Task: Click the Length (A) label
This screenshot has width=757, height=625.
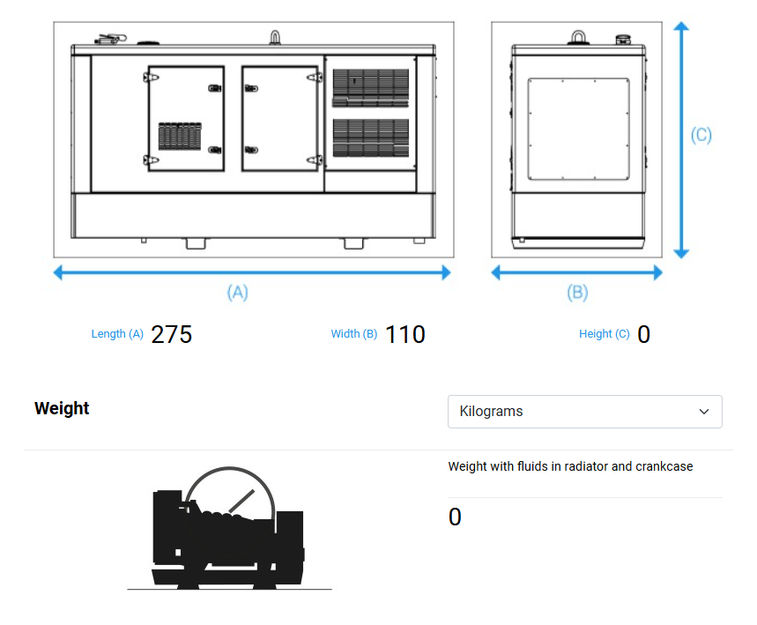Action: click(x=117, y=334)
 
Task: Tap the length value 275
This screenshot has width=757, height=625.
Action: click(x=171, y=334)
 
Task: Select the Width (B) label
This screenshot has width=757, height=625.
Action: click(x=354, y=334)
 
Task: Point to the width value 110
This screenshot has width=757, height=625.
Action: click(x=405, y=334)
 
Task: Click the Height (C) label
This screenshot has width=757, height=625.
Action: click(x=605, y=334)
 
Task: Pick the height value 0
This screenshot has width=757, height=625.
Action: click(x=643, y=334)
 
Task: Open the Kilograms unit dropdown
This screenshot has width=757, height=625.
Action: click(x=584, y=412)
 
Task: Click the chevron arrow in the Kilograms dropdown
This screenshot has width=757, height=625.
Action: click(x=704, y=412)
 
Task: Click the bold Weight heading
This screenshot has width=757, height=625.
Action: click(x=62, y=409)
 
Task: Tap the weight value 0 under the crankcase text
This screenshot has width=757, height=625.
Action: click(x=455, y=517)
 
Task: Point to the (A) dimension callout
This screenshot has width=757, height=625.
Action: click(x=238, y=292)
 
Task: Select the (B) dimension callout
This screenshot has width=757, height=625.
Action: click(x=577, y=292)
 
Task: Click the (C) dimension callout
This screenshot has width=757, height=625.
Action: click(x=701, y=135)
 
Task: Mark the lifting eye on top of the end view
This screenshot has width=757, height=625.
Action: click(x=578, y=38)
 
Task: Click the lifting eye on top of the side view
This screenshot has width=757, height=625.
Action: click(x=275, y=38)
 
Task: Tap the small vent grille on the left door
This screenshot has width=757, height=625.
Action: click(x=180, y=136)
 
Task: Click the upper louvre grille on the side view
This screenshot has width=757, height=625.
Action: click(x=371, y=88)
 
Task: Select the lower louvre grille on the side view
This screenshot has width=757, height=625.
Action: click(x=371, y=138)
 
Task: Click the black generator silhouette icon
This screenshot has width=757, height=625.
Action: click(x=229, y=528)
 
